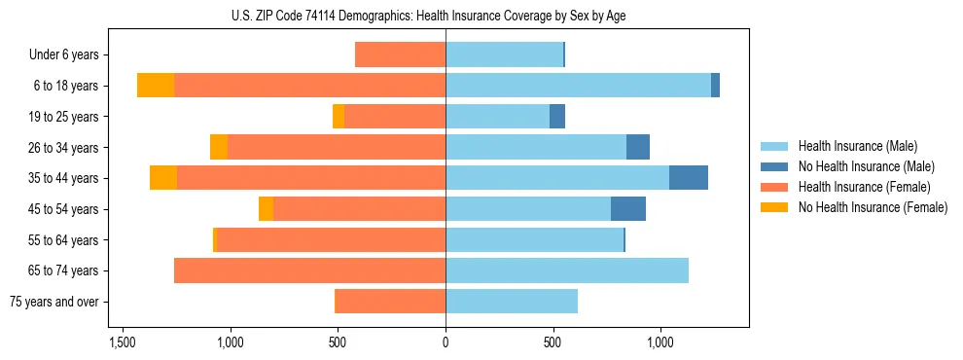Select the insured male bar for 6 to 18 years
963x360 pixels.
click(578, 86)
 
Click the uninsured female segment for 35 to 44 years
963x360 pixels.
click(163, 178)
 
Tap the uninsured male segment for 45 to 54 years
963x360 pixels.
click(628, 209)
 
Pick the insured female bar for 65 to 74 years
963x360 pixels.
click(309, 270)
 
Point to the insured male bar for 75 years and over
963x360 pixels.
click(512, 302)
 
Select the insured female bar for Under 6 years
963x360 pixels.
click(400, 54)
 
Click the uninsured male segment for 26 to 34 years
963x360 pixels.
click(638, 147)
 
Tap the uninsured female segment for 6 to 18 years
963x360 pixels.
click(156, 86)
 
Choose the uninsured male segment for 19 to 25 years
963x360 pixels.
click(557, 117)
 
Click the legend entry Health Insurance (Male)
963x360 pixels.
click(857, 146)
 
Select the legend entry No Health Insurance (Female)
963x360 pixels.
click(873, 207)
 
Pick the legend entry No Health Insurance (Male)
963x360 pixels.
click(866, 166)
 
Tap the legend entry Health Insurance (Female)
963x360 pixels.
click(864, 187)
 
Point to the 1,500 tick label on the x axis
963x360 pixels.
click(123, 342)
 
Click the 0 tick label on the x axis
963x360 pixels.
click(446, 342)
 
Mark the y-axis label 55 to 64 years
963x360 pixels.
click(64, 240)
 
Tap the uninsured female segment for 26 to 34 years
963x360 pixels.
click(219, 147)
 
